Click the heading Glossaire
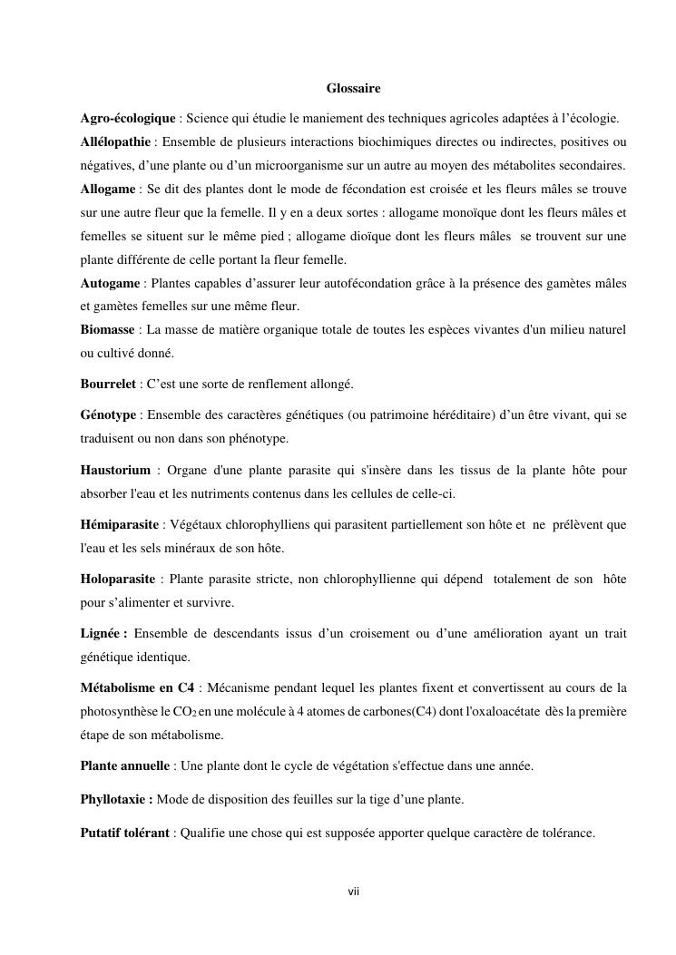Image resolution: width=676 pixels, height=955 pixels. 353,88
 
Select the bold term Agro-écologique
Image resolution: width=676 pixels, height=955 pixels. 127,119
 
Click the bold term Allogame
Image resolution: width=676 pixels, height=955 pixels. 108,189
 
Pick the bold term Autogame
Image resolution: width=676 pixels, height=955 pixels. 110,283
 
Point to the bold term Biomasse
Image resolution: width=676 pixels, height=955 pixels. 107,328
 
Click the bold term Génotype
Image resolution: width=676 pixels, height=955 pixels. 108,415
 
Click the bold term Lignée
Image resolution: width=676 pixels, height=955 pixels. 103,634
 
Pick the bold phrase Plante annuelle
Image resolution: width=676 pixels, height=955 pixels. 124,766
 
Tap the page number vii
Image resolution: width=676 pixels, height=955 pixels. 354,892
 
